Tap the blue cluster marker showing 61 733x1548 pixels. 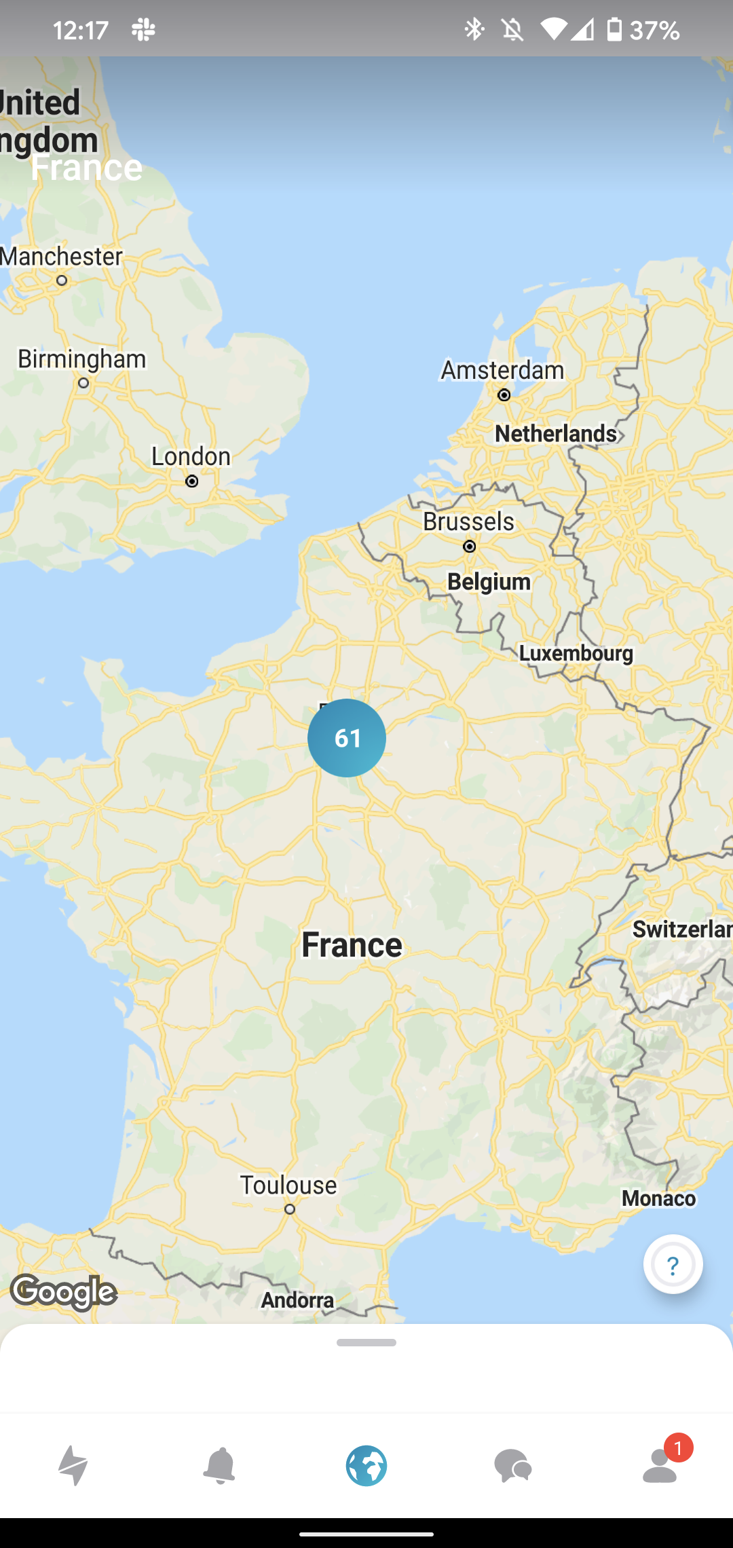click(x=347, y=738)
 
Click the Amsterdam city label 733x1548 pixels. click(x=502, y=371)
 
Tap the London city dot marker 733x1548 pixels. click(x=192, y=481)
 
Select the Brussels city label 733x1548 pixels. click(x=468, y=521)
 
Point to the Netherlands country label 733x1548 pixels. click(x=556, y=433)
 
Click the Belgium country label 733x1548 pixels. click(x=489, y=582)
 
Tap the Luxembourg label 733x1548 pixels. click(x=576, y=653)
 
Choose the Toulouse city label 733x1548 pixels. click(x=288, y=1185)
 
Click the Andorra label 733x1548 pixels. click(x=297, y=1300)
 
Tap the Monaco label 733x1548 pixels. click(x=658, y=1198)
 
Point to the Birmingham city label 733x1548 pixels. click(x=81, y=358)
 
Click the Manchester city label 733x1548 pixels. click(x=62, y=257)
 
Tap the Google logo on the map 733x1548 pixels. click(x=64, y=1292)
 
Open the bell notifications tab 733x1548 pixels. click(x=219, y=1465)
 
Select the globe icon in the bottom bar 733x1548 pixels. click(x=366, y=1465)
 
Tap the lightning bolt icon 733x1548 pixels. click(x=73, y=1465)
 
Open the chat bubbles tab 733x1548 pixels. click(x=513, y=1465)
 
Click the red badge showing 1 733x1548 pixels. click(x=678, y=1448)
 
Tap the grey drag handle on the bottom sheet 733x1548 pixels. click(x=366, y=1342)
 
